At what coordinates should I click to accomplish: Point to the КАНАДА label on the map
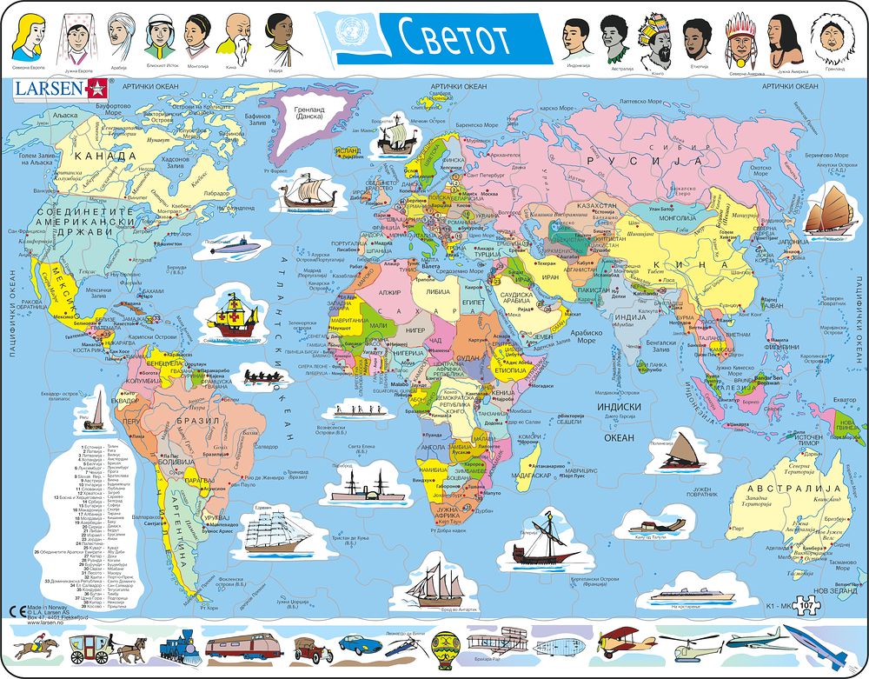tap(106, 156)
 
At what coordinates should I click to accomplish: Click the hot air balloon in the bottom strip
tap(442, 647)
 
